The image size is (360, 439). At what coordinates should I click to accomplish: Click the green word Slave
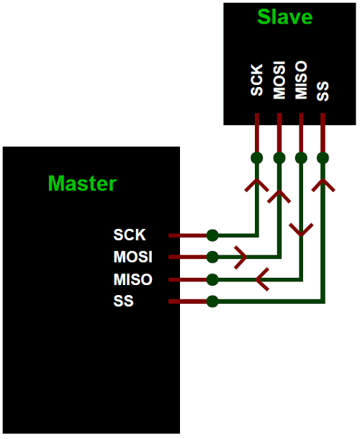pos(285,17)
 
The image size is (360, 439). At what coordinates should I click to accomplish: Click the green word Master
pos(82,183)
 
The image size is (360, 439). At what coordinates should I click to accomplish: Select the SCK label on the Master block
pos(129,235)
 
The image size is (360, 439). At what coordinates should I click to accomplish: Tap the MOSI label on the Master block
pos(132,257)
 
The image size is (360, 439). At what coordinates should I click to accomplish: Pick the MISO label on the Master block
pos(132,279)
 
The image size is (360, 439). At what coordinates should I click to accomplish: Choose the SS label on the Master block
pos(123,302)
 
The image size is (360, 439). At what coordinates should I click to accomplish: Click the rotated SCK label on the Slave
pos(257,80)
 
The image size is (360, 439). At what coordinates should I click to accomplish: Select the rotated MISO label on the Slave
pos(301,80)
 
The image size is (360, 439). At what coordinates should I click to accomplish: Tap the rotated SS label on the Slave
pos(323,89)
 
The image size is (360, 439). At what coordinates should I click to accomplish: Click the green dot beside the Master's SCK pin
pos(212,235)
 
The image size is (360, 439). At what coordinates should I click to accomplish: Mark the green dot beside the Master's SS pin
pos(212,302)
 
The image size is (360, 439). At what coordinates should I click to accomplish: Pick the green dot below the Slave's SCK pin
pos(257,158)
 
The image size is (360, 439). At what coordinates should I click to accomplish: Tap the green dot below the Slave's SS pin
pos(323,158)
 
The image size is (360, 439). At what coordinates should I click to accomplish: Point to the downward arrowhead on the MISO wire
pos(301,230)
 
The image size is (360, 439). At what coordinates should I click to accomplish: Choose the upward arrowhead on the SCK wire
pos(257,185)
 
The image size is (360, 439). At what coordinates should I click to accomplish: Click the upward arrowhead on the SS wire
pos(323,185)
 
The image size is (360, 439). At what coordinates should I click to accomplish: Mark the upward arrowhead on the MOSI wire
pos(279,194)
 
